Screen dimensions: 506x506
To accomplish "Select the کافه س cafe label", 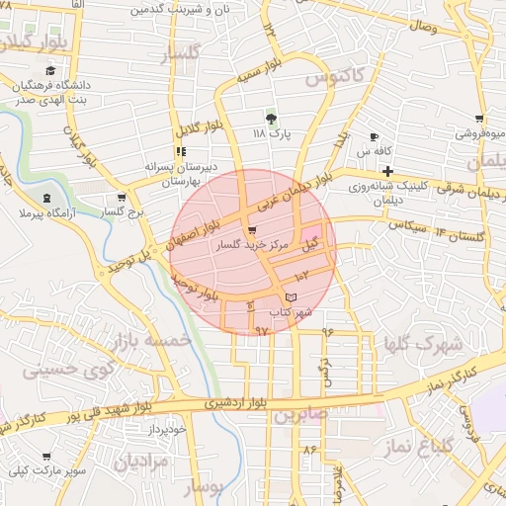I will [376, 151].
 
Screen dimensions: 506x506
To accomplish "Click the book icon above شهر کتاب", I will [290, 297].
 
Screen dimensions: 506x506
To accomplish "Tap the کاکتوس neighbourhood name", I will [334, 75].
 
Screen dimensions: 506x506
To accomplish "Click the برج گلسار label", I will [126, 211].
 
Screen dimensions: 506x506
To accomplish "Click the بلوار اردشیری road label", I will [238, 403].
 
